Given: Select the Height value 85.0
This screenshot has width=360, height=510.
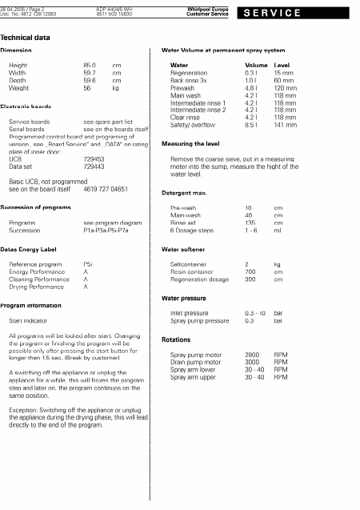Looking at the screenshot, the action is (89, 65).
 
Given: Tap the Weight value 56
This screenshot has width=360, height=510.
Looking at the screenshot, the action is (87, 89).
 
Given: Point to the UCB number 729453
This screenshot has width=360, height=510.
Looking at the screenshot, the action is (94, 159).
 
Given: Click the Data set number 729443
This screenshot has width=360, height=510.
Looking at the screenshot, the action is (94, 167).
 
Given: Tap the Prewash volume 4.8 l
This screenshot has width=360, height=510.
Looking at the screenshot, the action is (252, 89).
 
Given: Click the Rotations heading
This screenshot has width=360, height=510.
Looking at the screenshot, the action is (176, 339).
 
